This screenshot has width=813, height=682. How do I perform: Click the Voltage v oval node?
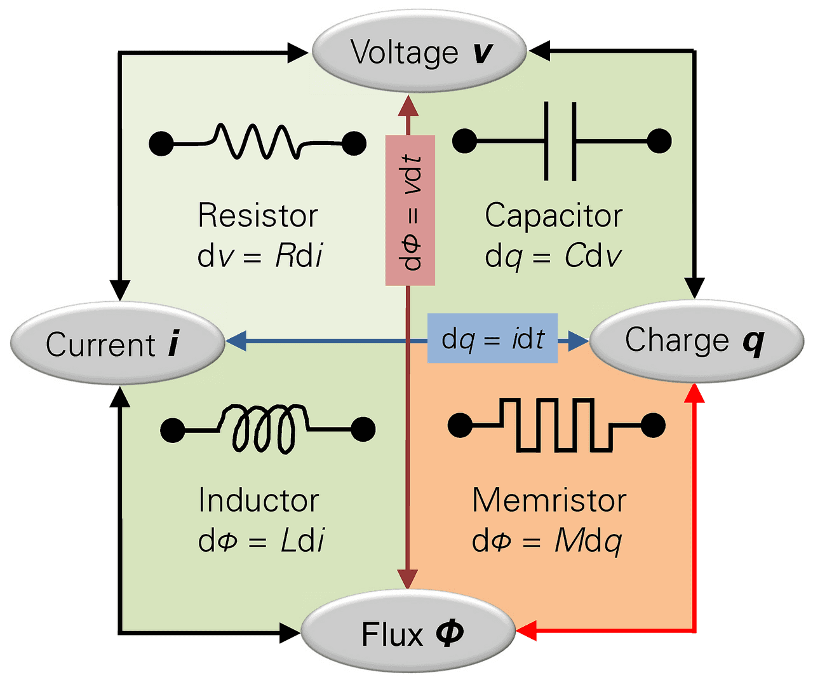(419, 51)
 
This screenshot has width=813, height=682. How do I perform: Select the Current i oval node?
(118, 344)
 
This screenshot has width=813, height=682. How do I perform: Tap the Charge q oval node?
(697, 341)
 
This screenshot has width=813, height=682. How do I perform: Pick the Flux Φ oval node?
(408, 633)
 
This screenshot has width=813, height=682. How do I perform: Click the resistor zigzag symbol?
(257, 141)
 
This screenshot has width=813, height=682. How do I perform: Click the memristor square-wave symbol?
(556, 425)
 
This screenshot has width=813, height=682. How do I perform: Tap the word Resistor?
(257, 215)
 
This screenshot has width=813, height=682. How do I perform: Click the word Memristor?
(549, 500)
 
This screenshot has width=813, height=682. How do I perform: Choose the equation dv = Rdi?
(260, 256)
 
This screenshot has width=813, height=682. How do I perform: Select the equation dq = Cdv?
(553, 256)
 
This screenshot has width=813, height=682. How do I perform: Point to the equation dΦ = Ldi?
(261, 541)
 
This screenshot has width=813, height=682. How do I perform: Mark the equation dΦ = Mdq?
(546, 541)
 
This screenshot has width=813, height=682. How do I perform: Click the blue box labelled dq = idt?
(492, 339)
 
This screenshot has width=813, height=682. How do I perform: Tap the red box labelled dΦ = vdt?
(410, 210)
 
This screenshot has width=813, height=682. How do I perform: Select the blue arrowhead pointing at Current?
(236, 341)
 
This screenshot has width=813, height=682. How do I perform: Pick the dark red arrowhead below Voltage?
(408, 106)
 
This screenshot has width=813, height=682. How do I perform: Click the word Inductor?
(258, 500)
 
